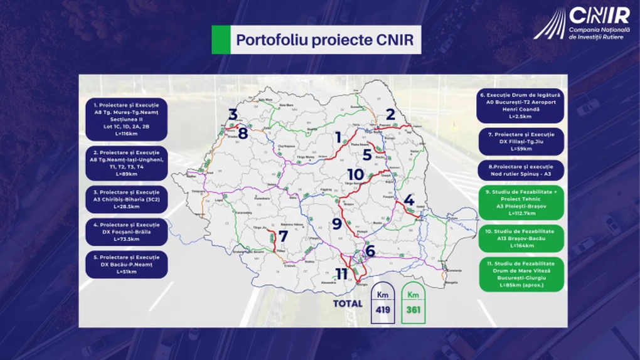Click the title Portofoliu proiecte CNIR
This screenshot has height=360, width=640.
tap(324, 40)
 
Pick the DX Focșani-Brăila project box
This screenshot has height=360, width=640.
tap(127, 232)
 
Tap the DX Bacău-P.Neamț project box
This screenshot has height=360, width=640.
tap(127, 265)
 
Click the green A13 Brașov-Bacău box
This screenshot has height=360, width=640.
tap(521, 238)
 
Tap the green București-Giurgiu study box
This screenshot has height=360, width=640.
tap(521, 274)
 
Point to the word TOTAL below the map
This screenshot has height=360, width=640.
tap(348, 304)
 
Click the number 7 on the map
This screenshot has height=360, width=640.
tap(283, 236)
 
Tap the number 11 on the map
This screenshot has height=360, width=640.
tap(341, 274)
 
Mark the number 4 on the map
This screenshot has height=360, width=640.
tap(408, 201)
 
